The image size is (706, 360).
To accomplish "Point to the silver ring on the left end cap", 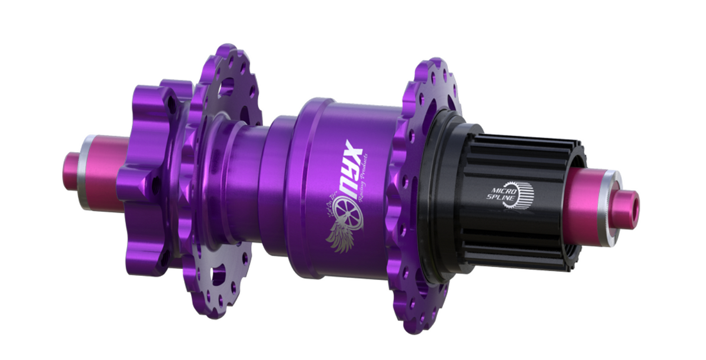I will [x=87, y=171].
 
